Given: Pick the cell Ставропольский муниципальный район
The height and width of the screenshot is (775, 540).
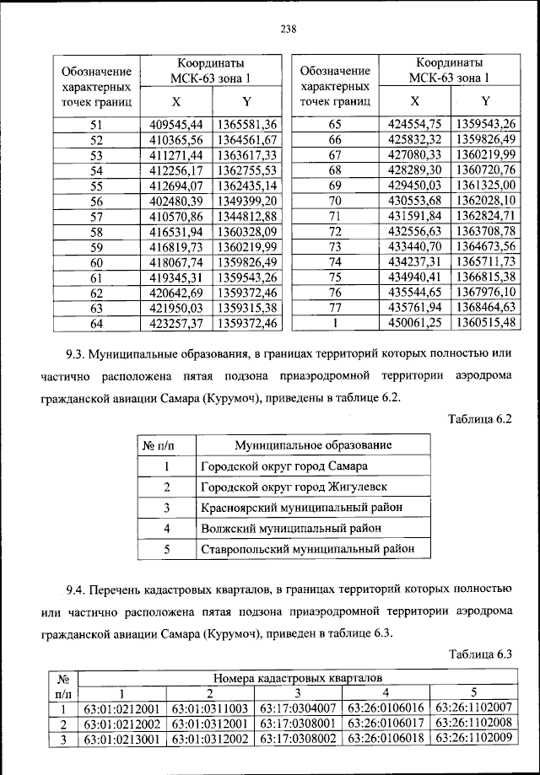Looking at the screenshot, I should pos(308,549).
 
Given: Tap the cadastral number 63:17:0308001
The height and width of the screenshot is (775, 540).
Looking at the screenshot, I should pos(299,723).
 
